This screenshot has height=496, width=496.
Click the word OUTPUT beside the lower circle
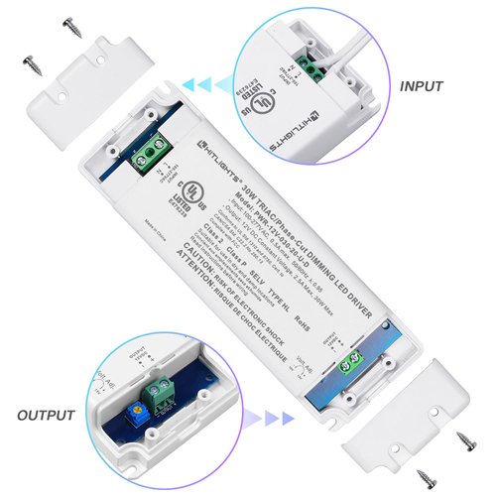pos(47,414)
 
